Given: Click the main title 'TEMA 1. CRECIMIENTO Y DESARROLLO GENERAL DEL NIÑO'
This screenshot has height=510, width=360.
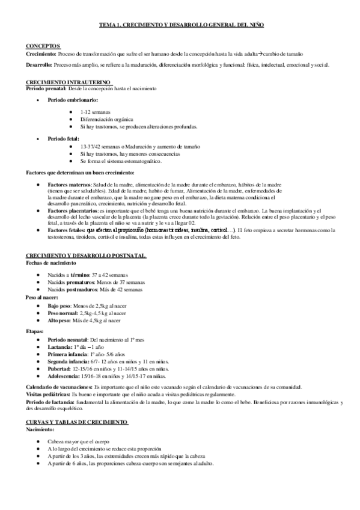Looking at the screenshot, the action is pos(180,25).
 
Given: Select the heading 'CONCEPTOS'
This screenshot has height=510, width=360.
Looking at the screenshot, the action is pos(44,46).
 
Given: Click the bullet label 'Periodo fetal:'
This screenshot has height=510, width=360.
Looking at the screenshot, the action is pos(64,138).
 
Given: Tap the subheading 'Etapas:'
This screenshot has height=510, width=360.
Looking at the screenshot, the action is pos(35,330).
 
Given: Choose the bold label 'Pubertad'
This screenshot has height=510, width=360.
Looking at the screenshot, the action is pos(59,367).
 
